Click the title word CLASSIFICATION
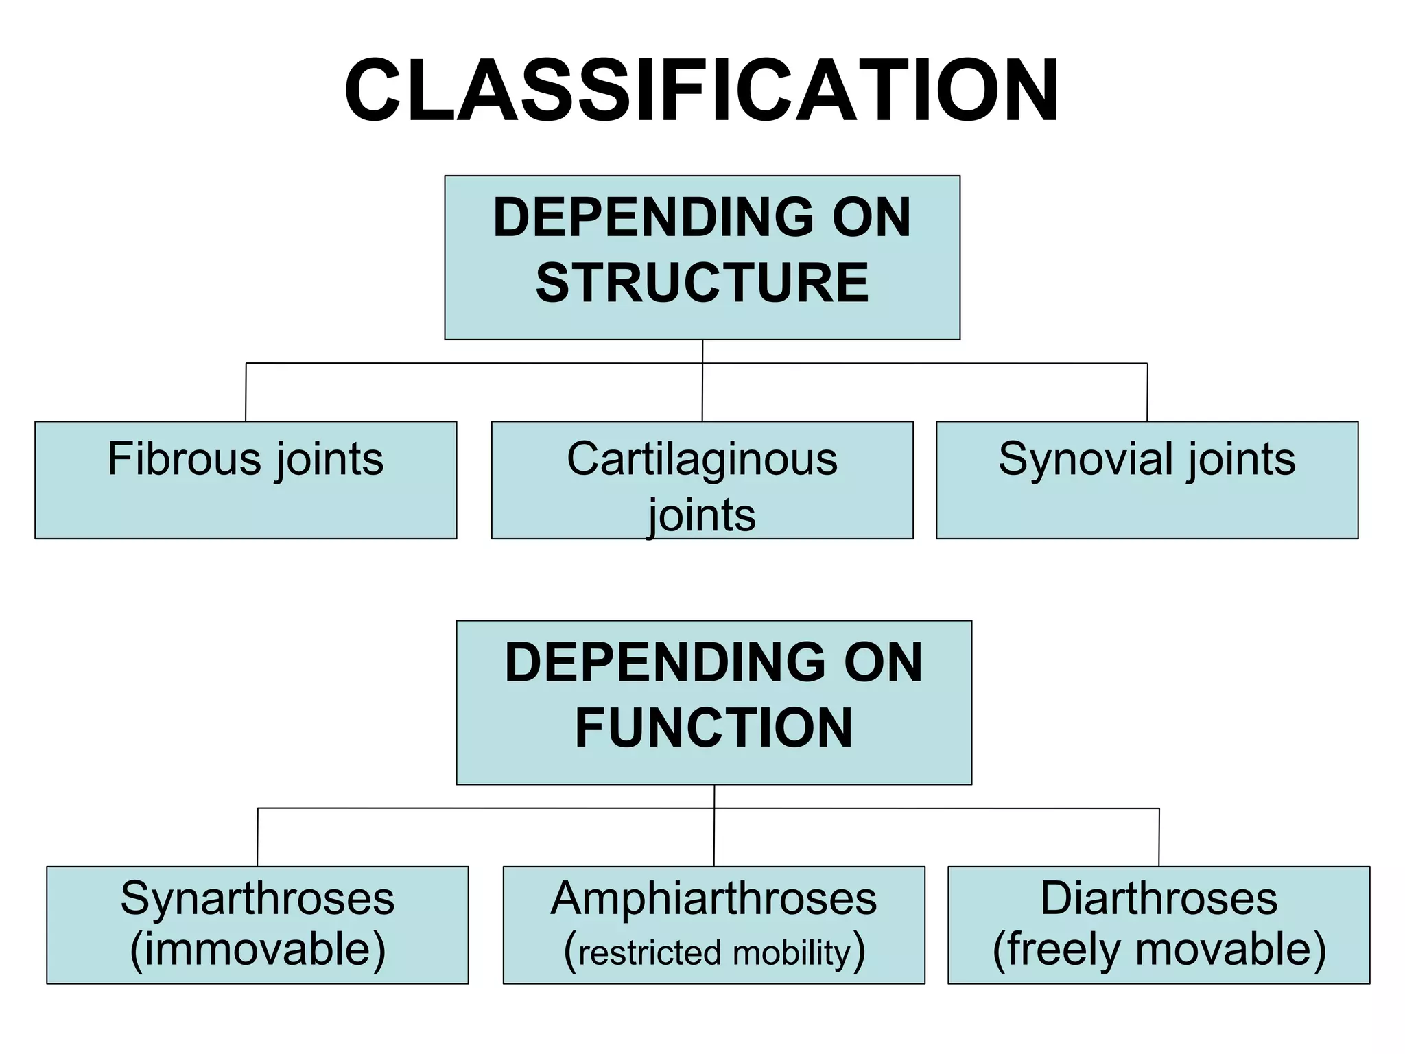tap(702, 91)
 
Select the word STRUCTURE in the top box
tap(702, 283)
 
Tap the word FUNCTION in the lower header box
tap(713, 727)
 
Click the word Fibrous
tap(184, 458)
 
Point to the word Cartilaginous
tap(702, 460)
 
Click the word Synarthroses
tap(257, 899)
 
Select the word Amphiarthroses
tap(713, 899)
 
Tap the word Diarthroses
tap(1159, 898)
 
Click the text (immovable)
tap(257, 950)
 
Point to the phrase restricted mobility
tap(714, 953)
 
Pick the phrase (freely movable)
tap(1159, 950)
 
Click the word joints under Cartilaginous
tap(702, 516)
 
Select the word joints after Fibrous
tap(329, 460)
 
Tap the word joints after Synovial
tap(1242, 460)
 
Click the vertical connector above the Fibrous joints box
tap(246, 393)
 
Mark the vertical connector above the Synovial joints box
tap(1147, 393)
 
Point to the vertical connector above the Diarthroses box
tap(1159, 837)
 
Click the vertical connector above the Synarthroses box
tap(257, 837)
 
